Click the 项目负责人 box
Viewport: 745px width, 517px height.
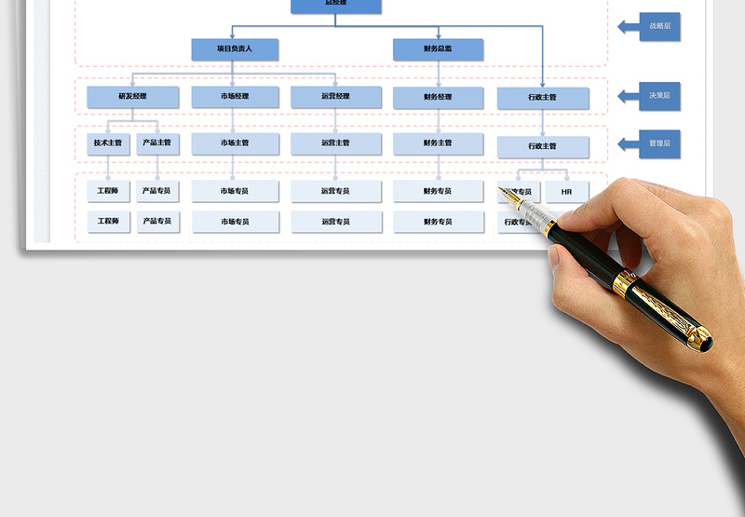coord(235,48)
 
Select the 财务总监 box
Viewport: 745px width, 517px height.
coord(438,49)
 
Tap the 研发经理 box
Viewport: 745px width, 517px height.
coord(132,97)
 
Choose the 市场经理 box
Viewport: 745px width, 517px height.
coord(235,97)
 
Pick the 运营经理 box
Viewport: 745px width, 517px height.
coord(335,97)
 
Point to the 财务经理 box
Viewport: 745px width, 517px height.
coord(438,97)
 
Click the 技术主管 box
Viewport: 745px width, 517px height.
coord(108,143)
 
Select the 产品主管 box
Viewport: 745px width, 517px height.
coord(157,143)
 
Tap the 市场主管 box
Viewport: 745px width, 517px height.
coord(235,143)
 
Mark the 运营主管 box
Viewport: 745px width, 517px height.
coord(335,143)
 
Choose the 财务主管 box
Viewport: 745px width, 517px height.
coord(438,143)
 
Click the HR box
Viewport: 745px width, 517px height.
coord(566,192)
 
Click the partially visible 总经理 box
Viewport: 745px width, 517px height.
coord(335,6)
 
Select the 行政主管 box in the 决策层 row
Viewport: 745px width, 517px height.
coord(542,98)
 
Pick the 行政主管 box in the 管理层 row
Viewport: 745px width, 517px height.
coord(542,146)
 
